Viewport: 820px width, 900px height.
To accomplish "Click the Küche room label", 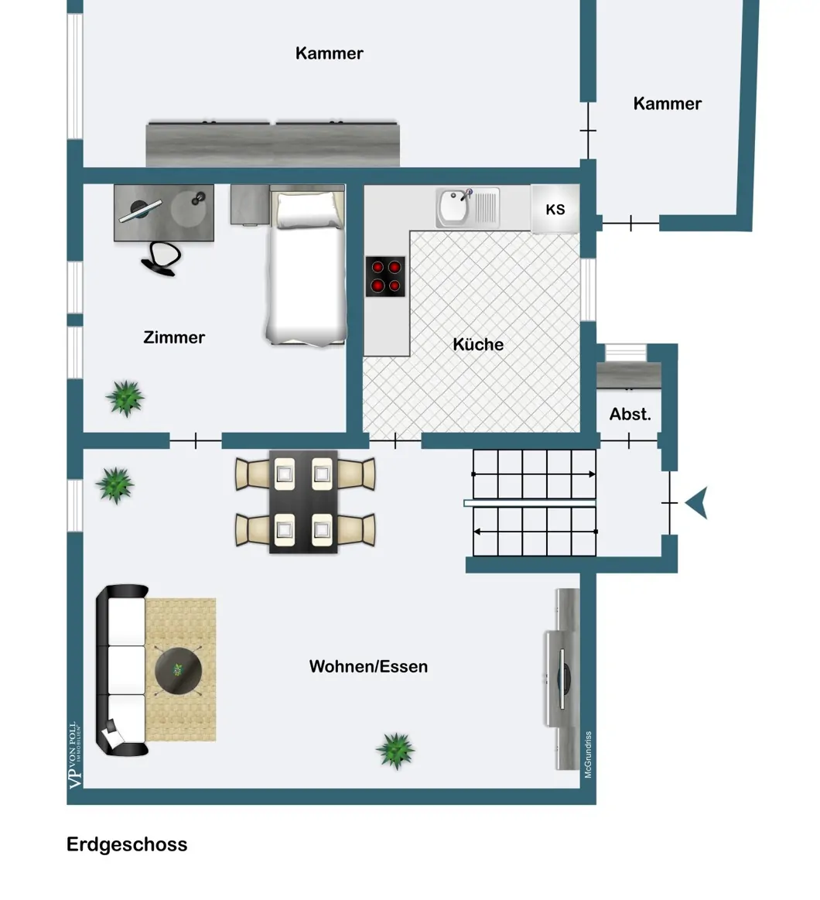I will [x=478, y=344].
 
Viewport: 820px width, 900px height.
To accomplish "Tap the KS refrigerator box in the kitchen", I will [x=555, y=209].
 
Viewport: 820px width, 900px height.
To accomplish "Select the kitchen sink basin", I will [x=453, y=208].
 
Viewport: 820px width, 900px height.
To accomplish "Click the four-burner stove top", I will [x=385, y=276].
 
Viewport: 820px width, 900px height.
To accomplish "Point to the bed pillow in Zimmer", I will [x=306, y=210].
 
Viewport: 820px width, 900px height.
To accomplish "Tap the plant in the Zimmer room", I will [x=125, y=398].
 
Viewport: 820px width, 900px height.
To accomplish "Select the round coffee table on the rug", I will [x=179, y=670].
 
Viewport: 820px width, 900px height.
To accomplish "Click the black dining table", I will [x=303, y=501].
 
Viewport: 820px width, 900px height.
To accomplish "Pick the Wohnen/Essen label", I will [x=368, y=666].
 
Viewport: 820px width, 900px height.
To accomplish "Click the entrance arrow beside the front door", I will [x=696, y=503].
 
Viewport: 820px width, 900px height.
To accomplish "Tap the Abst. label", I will [x=630, y=414].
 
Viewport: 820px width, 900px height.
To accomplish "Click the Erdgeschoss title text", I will [x=127, y=844].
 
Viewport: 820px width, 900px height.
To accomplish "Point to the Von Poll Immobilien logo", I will [x=75, y=755].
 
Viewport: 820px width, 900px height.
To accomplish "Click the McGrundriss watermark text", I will [x=588, y=755].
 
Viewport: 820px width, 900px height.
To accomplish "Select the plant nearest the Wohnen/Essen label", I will [x=395, y=750].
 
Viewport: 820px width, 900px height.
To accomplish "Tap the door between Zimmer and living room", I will [x=196, y=441].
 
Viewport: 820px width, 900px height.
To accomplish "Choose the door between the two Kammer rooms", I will [x=588, y=131].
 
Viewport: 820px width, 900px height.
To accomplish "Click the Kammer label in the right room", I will [x=667, y=104].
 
